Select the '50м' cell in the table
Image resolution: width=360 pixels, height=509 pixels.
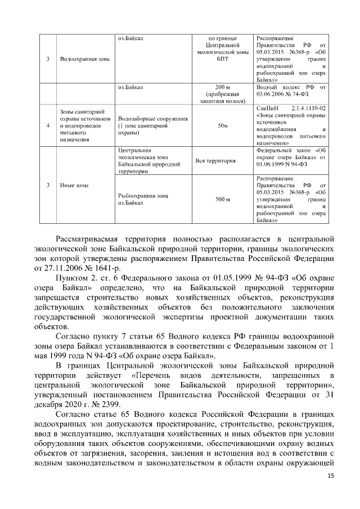point(222,126)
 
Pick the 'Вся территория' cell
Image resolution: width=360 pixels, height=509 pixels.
point(215,161)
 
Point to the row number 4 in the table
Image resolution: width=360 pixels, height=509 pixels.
point(48,126)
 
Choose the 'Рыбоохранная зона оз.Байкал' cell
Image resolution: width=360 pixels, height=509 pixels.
point(143,199)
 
